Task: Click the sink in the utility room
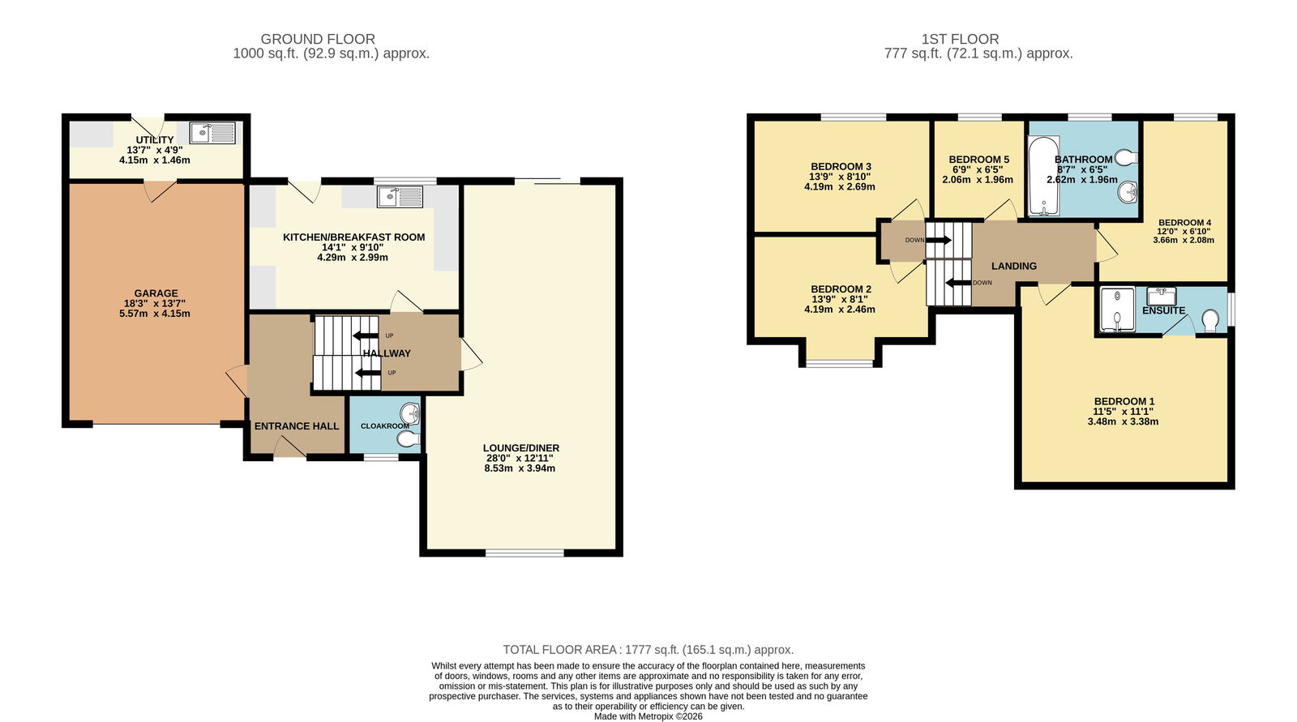click(x=212, y=133)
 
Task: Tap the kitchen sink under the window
click(x=400, y=197)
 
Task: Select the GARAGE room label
click(x=156, y=293)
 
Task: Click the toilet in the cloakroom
click(x=409, y=438)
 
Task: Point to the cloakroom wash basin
click(x=410, y=413)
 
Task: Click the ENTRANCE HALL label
click(x=297, y=426)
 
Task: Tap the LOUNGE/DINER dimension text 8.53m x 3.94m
click(x=520, y=468)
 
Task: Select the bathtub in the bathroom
click(x=1043, y=175)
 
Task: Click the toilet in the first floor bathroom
click(x=1126, y=157)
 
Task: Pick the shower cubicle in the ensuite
click(x=1118, y=310)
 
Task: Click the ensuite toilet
click(x=1210, y=321)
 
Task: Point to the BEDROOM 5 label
click(x=978, y=159)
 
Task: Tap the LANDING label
click(x=1014, y=266)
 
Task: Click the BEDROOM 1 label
click(x=1124, y=401)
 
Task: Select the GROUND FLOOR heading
click(x=318, y=40)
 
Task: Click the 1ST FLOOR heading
click(x=960, y=40)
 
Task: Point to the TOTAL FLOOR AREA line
click(x=648, y=650)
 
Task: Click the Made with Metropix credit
click(x=648, y=716)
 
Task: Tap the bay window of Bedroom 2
click(x=840, y=364)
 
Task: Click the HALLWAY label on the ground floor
click(x=387, y=353)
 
